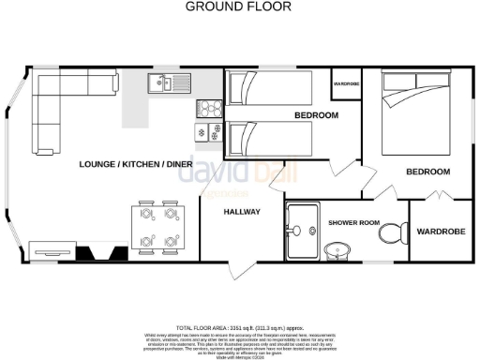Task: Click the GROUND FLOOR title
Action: click(x=238, y=7)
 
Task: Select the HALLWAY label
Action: click(x=241, y=211)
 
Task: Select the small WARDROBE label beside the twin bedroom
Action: click(x=346, y=84)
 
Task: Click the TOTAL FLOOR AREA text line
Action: click(x=239, y=327)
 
